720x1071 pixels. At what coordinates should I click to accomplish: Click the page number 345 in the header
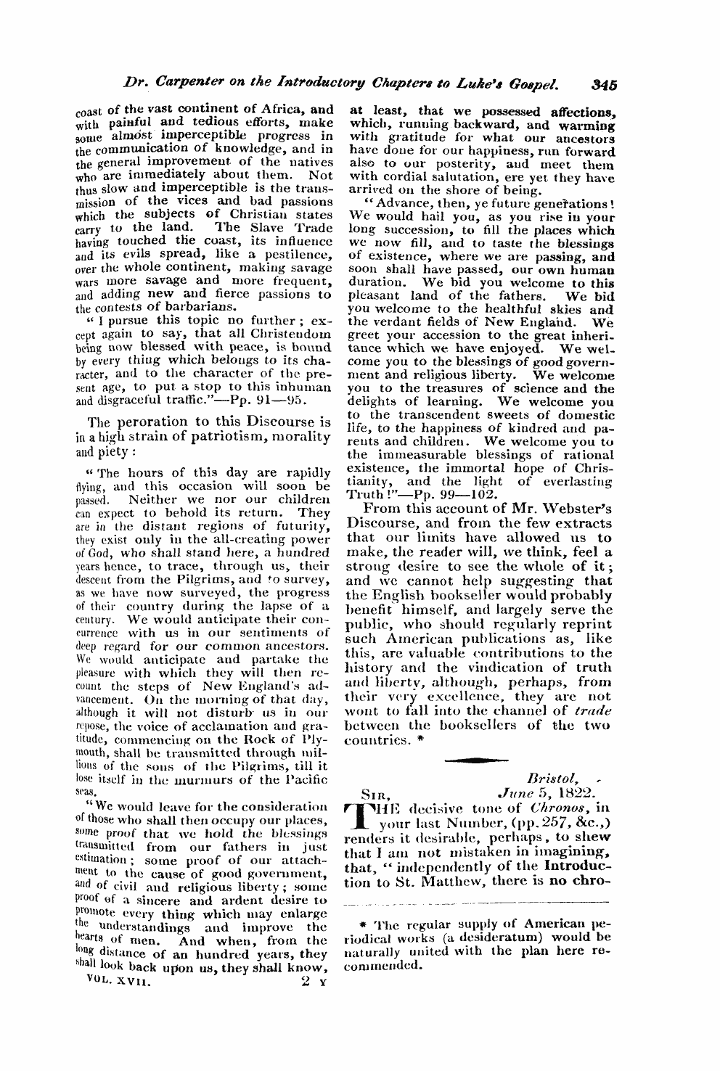click(x=603, y=84)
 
